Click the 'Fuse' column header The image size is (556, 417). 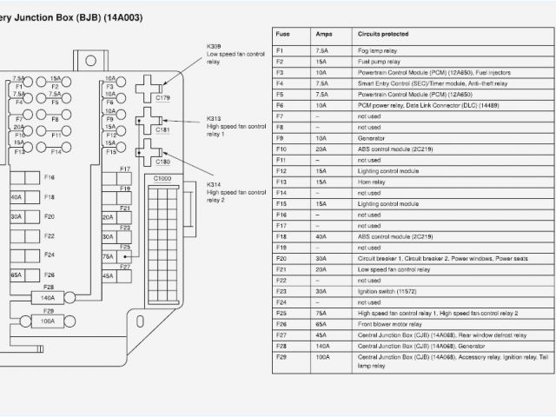(x=283, y=35)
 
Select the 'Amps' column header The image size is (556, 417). (x=323, y=35)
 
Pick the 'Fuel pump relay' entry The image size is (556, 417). (x=377, y=62)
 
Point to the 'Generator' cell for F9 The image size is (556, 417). (x=372, y=138)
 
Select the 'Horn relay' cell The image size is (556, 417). (x=372, y=182)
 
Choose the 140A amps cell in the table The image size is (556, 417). (x=323, y=345)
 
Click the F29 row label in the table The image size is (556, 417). (x=281, y=356)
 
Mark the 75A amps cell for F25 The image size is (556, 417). (x=322, y=313)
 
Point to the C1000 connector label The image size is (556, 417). (x=162, y=178)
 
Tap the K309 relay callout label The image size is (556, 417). (x=215, y=45)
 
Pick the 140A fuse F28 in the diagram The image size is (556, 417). (x=48, y=297)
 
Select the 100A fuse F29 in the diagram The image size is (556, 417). (x=48, y=321)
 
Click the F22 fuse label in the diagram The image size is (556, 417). (x=50, y=236)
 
